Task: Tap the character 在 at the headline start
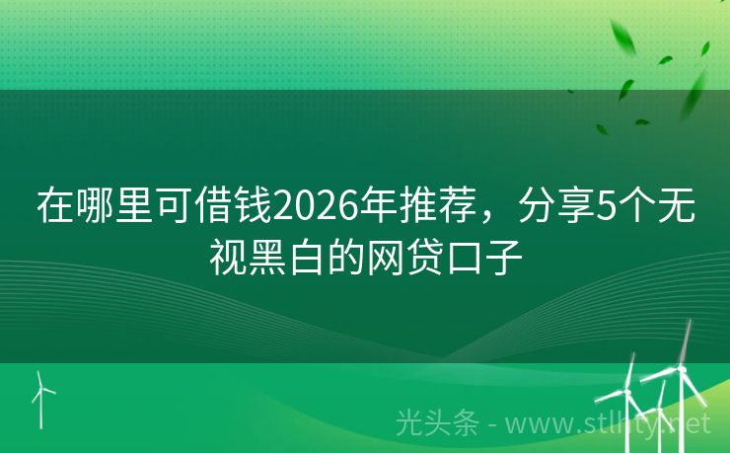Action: [x=55, y=206]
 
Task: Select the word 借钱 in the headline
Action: [x=236, y=206]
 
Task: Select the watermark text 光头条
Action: [x=437, y=423]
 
